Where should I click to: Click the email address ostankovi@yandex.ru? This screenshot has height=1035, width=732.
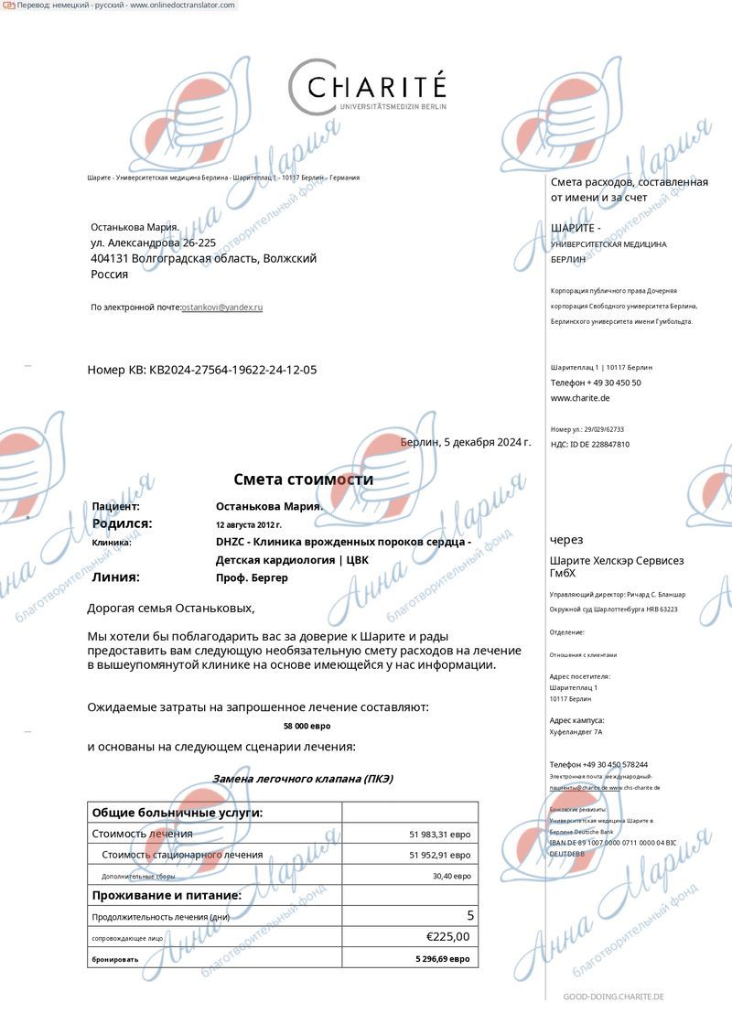tap(222, 307)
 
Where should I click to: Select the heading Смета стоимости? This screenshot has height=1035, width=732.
tap(303, 480)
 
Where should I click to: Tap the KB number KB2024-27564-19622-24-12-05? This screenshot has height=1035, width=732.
tap(233, 370)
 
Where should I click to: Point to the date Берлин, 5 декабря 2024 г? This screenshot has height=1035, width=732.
tap(466, 442)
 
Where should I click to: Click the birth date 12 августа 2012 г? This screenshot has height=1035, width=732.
tap(249, 524)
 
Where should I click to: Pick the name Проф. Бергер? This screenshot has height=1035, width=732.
tap(252, 577)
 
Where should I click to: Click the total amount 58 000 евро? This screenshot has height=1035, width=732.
tap(307, 726)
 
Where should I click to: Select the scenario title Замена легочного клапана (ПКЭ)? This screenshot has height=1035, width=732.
tap(303, 779)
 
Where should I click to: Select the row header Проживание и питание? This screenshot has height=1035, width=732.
tap(167, 895)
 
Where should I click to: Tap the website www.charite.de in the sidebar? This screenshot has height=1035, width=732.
tap(580, 398)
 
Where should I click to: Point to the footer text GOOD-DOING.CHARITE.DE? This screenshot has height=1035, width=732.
tap(613, 997)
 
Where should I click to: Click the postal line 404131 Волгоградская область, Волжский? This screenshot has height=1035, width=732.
tap(203, 258)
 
